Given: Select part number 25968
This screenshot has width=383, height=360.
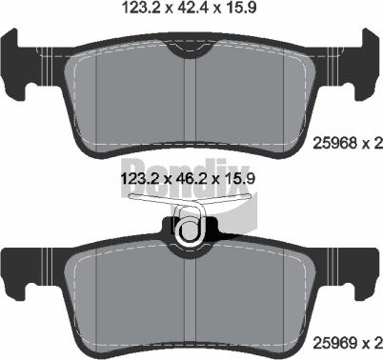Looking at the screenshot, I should (334, 144).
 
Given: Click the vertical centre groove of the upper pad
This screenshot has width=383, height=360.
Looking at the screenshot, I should (193, 100).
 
